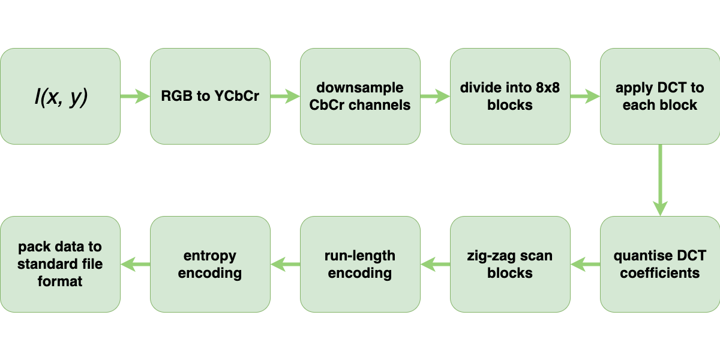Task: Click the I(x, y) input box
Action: tap(60, 97)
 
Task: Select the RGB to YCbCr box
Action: tap(210, 97)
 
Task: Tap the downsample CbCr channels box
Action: tap(360, 97)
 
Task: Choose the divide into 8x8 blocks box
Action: tap(510, 97)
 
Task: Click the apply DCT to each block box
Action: tap(660, 97)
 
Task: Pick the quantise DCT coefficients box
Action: tap(660, 265)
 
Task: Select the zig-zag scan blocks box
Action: tap(510, 265)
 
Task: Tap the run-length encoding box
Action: tap(360, 265)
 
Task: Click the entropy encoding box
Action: tap(210, 265)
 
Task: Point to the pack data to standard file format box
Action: tap(60, 265)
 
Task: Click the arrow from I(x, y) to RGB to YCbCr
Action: tap(135, 97)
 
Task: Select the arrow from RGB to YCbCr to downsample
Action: tap(285, 97)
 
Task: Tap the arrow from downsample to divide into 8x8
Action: tap(435, 97)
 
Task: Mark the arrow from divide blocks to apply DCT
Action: tap(585, 97)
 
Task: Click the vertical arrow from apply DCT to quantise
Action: tap(660, 180)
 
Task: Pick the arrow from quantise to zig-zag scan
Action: tap(585, 263)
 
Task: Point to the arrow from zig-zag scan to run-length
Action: tap(435, 263)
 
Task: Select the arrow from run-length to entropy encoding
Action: tap(285, 263)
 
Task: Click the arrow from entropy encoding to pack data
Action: tap(135, 263)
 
